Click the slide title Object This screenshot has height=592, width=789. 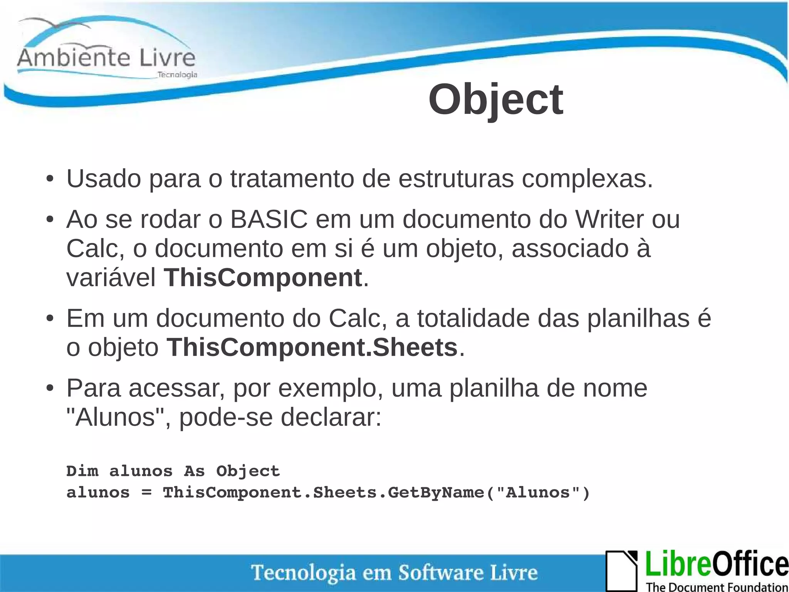(495, 100)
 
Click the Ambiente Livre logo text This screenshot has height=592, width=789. (106, 58)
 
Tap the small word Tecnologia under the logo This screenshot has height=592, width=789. (177, 74)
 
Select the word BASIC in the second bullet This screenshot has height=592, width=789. (269, 219)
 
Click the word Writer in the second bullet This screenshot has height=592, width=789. (609, 219)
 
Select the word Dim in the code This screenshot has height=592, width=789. (82, 471)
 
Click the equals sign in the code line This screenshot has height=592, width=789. (146, 492)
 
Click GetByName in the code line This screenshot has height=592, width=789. (436, 492)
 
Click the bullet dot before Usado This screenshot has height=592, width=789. (49, 179)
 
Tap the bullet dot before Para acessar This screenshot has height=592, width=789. (49, 388)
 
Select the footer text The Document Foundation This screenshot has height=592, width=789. (717, 587)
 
